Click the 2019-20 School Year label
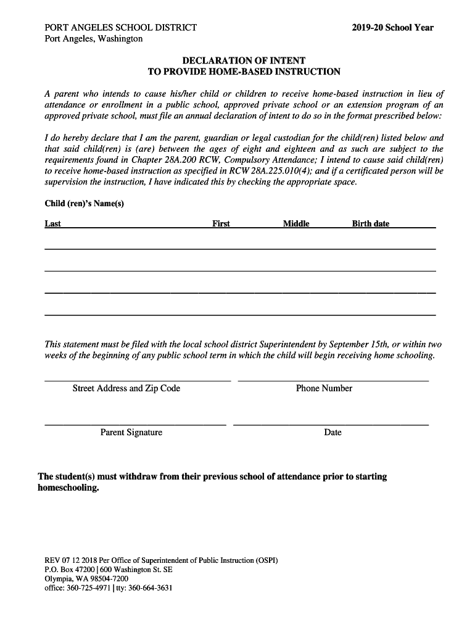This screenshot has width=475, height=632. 392,28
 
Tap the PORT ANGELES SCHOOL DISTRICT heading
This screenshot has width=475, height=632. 121,28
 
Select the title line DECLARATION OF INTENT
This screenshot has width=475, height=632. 244,60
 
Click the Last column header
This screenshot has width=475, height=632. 52,224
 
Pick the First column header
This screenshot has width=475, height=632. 221,224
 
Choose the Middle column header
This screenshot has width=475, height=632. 296,224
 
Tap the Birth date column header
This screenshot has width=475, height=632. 371,224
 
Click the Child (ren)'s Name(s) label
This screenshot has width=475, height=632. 85,204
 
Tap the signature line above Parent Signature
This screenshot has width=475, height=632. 135,424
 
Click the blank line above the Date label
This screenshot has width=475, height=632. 331,424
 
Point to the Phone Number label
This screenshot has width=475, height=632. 324,388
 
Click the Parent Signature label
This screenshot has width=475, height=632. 131,433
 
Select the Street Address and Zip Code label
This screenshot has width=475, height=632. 126,388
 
